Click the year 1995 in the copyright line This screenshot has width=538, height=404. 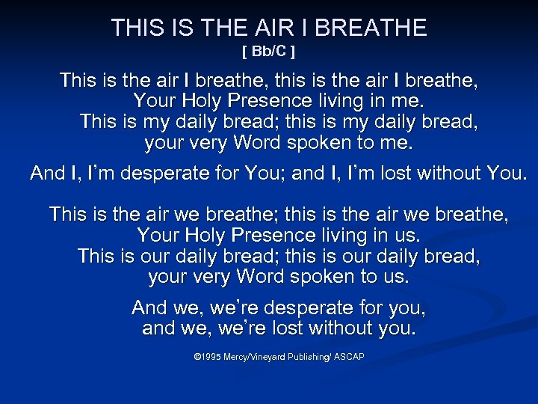(x=209, y=358)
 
